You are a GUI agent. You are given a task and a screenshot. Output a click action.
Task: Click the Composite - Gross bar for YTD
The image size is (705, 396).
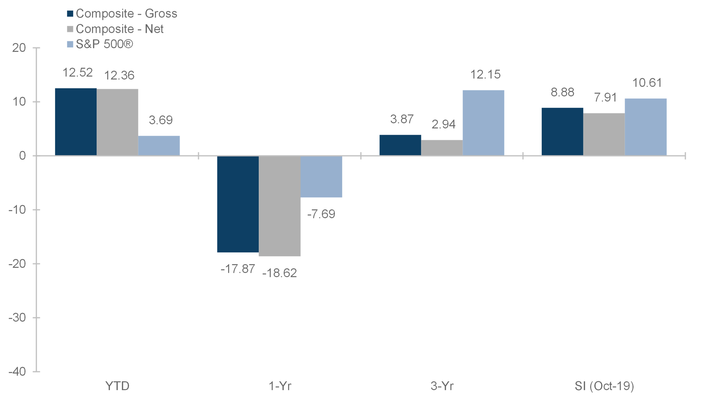(x=76, y=122)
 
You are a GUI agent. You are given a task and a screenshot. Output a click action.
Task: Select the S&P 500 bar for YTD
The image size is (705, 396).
(x=159, y=146)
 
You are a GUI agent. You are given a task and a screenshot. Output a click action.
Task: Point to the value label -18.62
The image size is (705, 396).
(x=279, y=273)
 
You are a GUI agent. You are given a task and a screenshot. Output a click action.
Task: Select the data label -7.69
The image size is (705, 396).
(x=321, y=214)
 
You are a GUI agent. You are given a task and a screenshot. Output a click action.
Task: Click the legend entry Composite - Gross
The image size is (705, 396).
(x=122, y=13)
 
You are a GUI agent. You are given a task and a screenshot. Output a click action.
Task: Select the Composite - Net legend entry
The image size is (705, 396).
(x=115, y=29)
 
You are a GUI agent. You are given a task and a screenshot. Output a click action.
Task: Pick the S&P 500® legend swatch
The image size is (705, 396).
(x=70, y=44)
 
